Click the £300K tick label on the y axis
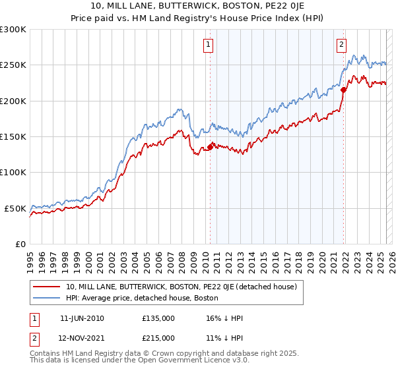pyautogui.click(x=13, y=30)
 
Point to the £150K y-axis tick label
pyautogui.click(x=13, y=136)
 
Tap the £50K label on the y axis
pyautogui.click(x=16, y=208)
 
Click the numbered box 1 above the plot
pyautogui.click(x=208, y=45)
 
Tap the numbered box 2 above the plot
pyautogui.click(x=342, y=45)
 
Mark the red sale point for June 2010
pyautogui.click(x=210, y=147)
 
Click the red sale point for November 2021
pyautogui.click(x=343, y=90)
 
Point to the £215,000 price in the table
pyautogui.click(x=158, y=338)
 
